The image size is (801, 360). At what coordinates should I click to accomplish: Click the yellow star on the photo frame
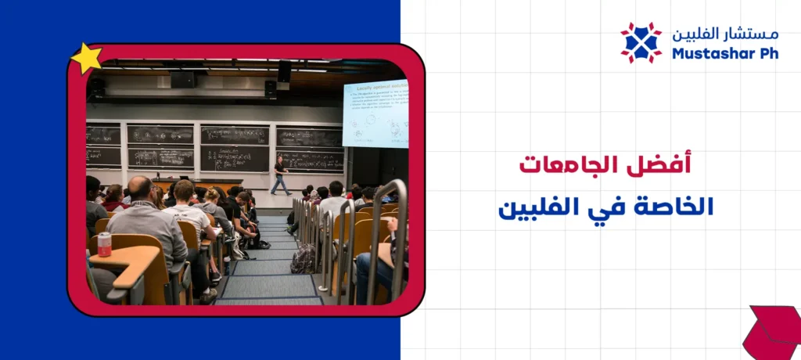click(86, 59)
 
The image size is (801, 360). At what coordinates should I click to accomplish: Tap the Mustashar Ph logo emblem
click(641, 42)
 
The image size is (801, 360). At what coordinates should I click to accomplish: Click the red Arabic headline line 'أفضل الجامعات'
click(606, 165)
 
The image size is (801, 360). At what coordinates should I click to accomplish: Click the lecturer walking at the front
click(279, 175)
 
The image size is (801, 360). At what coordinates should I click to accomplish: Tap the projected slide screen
click(375, 113)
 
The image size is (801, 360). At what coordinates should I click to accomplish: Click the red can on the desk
click(104, 243)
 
